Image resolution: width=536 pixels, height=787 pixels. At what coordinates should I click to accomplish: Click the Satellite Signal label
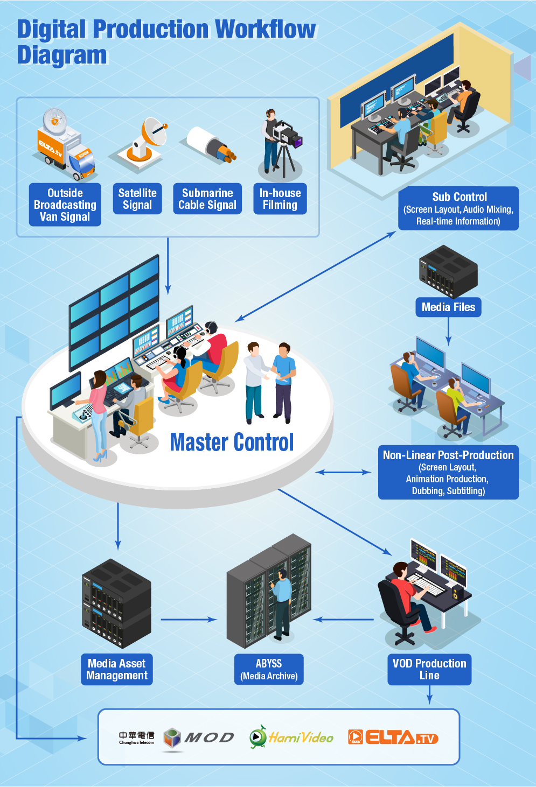(137, 199)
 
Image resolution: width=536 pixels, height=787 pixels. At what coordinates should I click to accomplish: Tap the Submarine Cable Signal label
(207, 199)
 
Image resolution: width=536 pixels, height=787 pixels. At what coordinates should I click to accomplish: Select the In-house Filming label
(280, 199)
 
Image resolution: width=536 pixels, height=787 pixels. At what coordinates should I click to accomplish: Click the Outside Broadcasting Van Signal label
(65, 205)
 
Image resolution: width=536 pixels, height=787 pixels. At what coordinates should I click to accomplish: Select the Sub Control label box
(458, 208)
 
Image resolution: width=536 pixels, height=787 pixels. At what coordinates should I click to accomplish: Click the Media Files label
(448, 307)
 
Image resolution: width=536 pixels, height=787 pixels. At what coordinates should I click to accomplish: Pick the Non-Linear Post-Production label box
(448, 472)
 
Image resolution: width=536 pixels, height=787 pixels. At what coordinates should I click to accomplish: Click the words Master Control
(232, 442)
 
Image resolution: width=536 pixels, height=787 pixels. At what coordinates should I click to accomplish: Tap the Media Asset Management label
(117, 669)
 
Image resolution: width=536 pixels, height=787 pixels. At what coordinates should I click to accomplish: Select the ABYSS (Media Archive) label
(269, 669)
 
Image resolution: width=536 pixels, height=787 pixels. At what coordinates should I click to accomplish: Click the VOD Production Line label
(429, 669)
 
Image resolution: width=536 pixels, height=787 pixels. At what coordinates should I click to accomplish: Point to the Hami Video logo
(291, 737)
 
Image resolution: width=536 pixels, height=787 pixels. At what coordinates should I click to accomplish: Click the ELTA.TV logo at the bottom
(393, 737)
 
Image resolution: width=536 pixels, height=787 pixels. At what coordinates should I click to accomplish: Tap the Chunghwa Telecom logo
(136, 737)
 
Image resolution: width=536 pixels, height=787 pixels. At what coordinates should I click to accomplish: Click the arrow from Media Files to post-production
(448, 331)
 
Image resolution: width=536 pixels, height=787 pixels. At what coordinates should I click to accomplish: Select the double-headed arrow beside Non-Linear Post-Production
(343, 472)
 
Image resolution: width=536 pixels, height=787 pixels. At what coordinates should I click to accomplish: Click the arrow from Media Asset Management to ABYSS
(189, 620)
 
